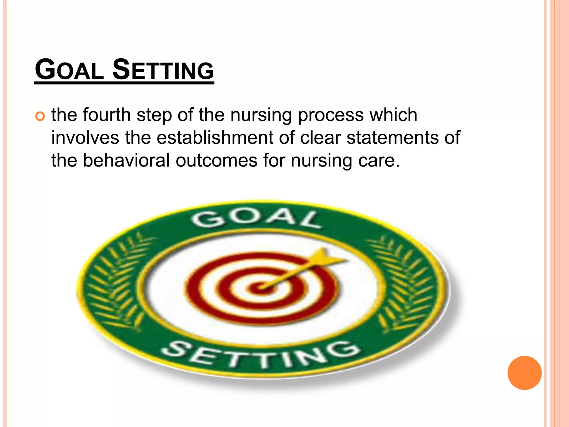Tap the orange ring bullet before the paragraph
[40, 116]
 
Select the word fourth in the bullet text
[107, 115]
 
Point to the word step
[154, 115]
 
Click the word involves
[85, 138]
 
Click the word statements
[392, 138]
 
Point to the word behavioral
[126, 160]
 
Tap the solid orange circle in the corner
[524, 373]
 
